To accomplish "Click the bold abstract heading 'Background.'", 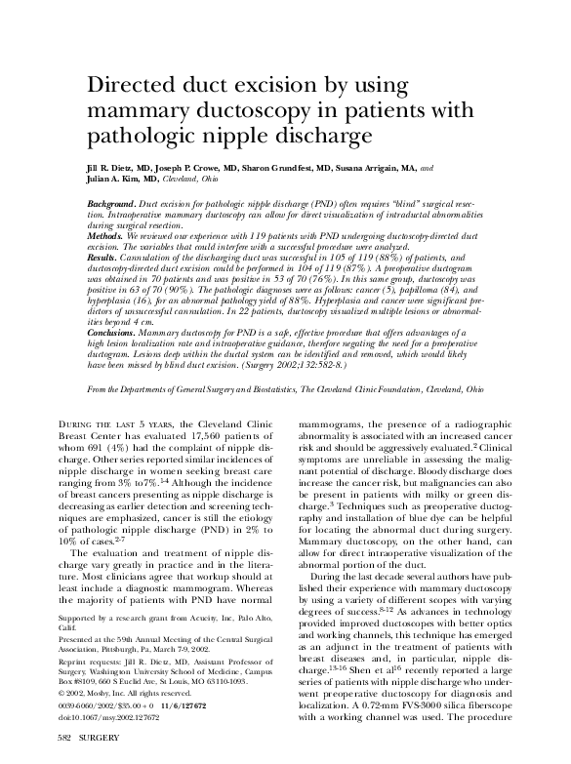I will pos(110,199).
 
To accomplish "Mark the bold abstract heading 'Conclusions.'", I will pos(112,333).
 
